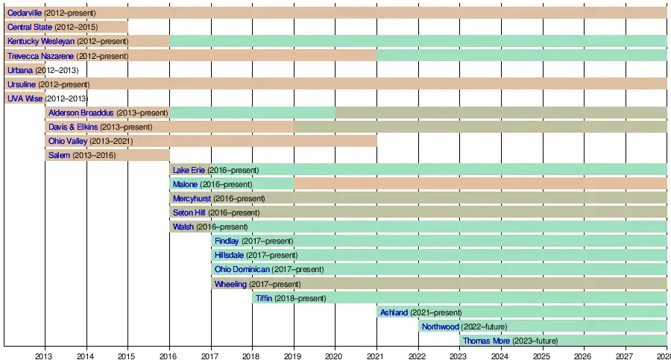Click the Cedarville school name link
coord(25,13)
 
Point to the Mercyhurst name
coord(192,198)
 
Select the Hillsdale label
coord(229,255)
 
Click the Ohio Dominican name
coord(242,269)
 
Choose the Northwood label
coord(440,326)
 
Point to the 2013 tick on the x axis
coord(45,354)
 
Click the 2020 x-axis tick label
coord(334,354)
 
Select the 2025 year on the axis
coord(541,354)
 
